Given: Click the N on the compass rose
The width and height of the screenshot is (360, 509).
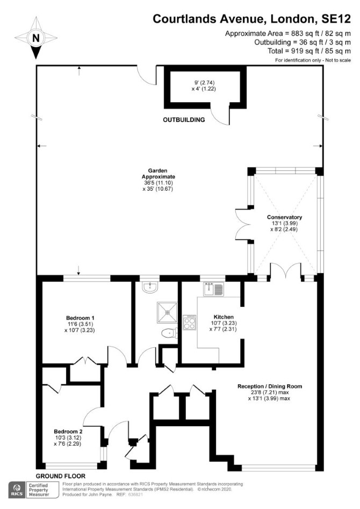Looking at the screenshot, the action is [x=36, y=38].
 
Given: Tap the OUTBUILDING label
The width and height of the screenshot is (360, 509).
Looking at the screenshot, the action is [x=184, y=120].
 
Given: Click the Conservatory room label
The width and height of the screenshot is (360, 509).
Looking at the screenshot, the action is [x=284, y=217].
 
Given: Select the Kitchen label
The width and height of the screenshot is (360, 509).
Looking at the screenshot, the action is [x=224, y=317].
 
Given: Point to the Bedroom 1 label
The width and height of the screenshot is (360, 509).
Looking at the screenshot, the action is [x=80, y=318].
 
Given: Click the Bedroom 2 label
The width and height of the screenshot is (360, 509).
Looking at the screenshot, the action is [x=68, y=432].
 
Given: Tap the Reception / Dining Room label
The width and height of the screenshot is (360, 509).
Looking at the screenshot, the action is [x=270, y=386].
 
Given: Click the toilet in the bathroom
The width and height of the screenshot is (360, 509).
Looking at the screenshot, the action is [x=169, y=333].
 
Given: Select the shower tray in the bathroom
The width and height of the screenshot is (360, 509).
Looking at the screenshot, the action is [x=168, y=312].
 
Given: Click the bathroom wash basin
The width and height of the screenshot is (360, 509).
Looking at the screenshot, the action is [x=150, y=287].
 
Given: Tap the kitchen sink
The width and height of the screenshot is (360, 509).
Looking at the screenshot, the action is [x=214, y=289].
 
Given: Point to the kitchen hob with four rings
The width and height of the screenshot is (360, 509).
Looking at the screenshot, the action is [x=190, y=322].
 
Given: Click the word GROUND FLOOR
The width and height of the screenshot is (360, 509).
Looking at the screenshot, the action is [x=60, y=476].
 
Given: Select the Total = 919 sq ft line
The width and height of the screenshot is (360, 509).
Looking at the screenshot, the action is [x=309, y=51].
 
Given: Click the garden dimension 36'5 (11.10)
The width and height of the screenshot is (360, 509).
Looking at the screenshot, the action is [x=158, y=183].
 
